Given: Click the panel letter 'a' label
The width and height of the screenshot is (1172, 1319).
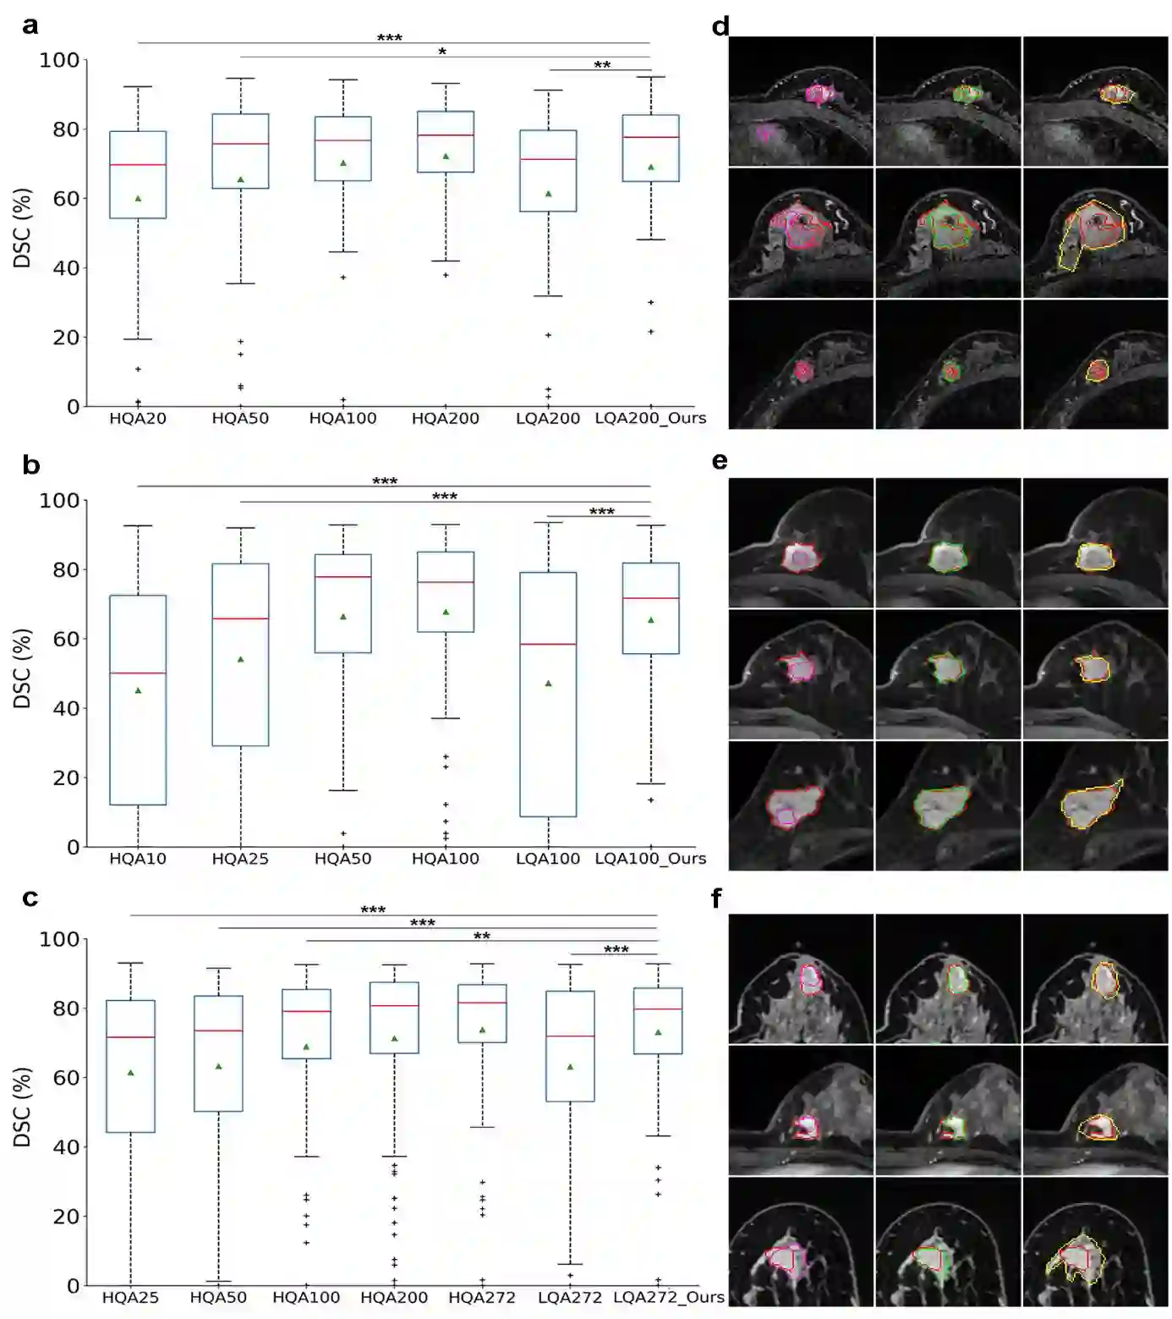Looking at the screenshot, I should click(x=30, y=26).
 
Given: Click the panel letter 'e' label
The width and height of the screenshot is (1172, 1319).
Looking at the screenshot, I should click(x=720, y=461).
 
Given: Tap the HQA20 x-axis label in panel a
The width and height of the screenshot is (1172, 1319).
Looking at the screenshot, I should click(x=138, y=418).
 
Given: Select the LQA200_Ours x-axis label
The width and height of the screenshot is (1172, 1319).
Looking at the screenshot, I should click(x=650, y=418).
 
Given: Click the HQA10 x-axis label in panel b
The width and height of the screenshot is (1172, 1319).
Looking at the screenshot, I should click(x=138, y=859).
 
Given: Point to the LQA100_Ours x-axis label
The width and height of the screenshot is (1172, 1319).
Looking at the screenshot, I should click(x=650, y=859).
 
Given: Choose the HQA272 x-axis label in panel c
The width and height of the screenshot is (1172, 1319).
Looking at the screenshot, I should click(x=482, y=1298).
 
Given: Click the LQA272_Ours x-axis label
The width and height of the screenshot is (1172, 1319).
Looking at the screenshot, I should click(x=668, y=1298).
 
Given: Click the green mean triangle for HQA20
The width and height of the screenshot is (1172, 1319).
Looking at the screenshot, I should click(x=138, y=199).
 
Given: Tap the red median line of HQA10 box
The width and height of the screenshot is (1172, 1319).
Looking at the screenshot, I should click(x=138, y=673).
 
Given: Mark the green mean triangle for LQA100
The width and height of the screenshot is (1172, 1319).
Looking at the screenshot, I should click(x=549, y=683).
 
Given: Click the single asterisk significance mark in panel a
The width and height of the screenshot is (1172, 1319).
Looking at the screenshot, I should click(x=442, y=52).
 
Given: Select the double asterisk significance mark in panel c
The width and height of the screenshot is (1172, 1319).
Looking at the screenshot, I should click(x=481, y=937).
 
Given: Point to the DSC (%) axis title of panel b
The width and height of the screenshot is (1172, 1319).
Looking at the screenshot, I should click(x=23, y=668).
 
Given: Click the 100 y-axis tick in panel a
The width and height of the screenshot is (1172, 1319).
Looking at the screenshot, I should click(x=59, y=61).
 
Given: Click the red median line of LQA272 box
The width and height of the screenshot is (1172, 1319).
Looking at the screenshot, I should click(x=570, y=1036).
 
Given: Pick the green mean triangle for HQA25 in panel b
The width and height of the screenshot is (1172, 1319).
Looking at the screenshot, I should click(x=241, y=659).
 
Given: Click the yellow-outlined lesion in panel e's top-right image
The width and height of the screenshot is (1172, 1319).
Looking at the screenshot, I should click(x=1094, y=557).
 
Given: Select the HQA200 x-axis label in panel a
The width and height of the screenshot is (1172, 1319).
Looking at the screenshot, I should click(x=446, y=418).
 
